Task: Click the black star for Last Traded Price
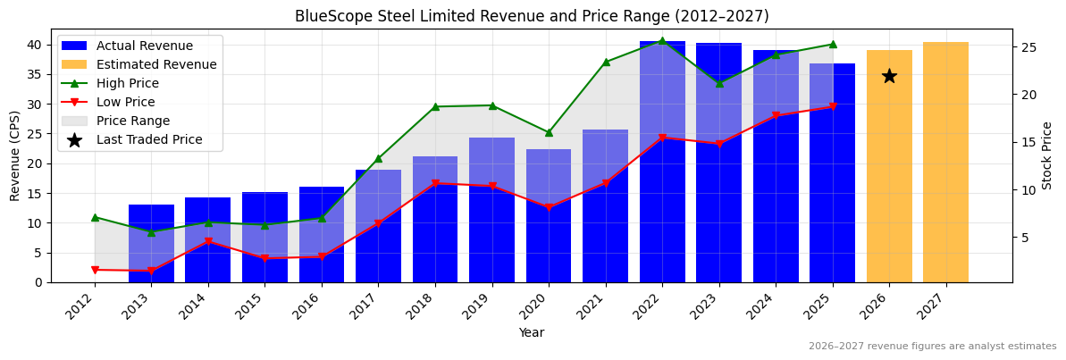point(889,76)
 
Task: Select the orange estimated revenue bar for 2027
point(945,162)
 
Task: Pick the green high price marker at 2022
point(662,41)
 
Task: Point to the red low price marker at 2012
point(95,270)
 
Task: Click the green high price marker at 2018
point(435,106)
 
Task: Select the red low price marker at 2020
point(549,207)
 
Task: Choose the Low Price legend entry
point(125,103)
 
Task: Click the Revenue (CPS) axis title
point(15,155)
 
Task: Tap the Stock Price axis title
point(1047,155)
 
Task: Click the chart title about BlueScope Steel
point(532,16)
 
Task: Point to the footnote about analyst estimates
point(932,347)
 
